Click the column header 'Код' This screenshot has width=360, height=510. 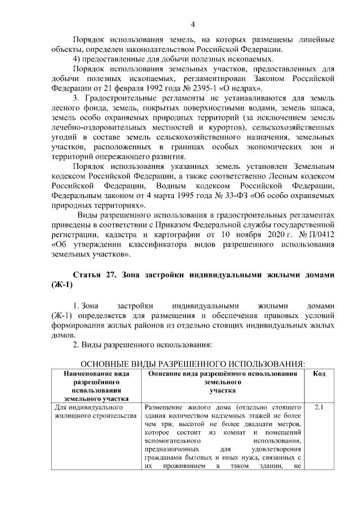pos(319,374)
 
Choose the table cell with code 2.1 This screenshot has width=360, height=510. pos(319,407)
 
